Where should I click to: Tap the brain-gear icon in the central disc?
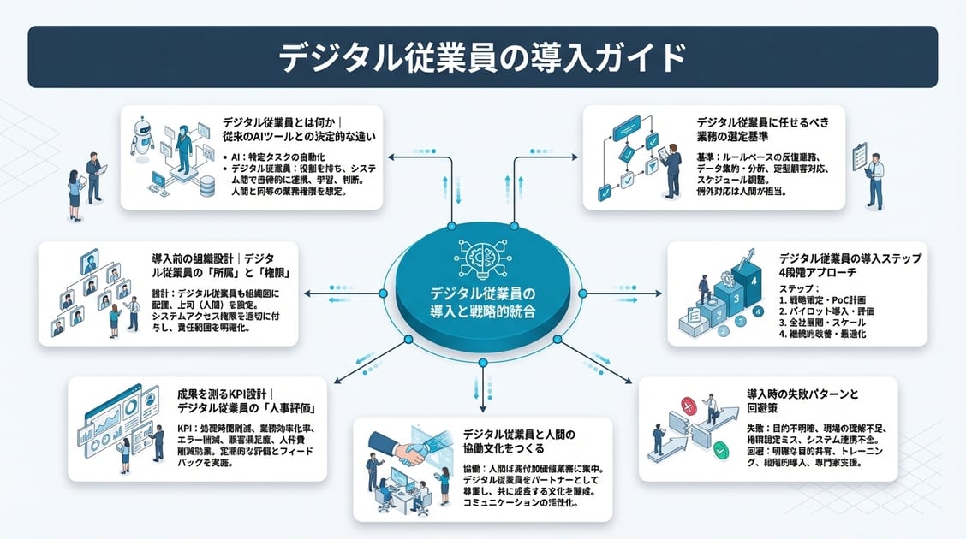[482, 256]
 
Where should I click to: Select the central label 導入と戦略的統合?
[482, 311]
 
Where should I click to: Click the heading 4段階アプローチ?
[820, 273]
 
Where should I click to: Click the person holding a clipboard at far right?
[872, 180]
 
